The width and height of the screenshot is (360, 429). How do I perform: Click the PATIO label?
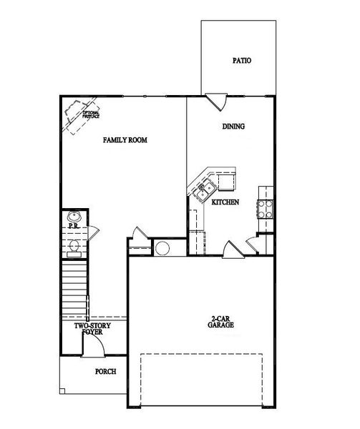(x=241, y=61)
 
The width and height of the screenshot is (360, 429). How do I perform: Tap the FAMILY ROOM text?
(x=125, y=140)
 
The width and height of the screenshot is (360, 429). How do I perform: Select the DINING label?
(x=233, y=127)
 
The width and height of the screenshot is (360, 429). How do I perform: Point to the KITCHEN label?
(x=225, y=202)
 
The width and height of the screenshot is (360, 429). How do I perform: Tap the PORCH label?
(x=105, y=372)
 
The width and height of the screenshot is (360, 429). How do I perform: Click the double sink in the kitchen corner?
(x=203, y=189)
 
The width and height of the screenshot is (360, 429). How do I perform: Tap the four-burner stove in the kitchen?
(x=265, y=208)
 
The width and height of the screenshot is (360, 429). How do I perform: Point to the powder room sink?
(x=73, y=217)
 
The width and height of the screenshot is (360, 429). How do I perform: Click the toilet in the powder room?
(x=74, y=247)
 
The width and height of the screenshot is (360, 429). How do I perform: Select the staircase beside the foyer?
(x=73, y=290)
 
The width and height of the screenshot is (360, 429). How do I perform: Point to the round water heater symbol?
(x=162, y=250)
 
